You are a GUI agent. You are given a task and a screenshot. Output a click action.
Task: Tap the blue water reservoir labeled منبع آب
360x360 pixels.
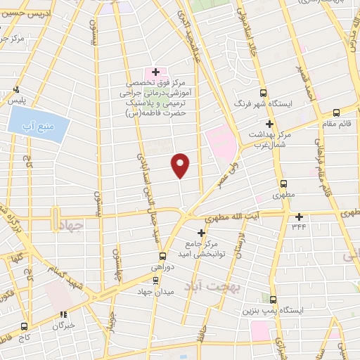tap(39, 124)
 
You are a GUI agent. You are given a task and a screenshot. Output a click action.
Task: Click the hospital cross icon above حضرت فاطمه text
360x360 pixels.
tap(155, 72)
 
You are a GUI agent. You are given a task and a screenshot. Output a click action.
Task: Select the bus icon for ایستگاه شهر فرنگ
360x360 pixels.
tap(264, 92)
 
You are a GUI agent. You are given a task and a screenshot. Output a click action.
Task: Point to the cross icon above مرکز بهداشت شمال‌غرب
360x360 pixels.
tap(269, 123)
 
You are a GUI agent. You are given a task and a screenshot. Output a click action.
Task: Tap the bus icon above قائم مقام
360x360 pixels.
tap(336, 112)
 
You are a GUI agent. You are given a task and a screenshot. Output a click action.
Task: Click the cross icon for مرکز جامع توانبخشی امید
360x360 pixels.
tap(202, 233)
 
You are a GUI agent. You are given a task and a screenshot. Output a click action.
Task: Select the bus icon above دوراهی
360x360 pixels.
tap(162, 256)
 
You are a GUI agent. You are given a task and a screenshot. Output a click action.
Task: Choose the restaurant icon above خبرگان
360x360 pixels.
tap(63, 315)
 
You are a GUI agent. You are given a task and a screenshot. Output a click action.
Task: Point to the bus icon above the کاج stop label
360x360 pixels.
tap(25, 327)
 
